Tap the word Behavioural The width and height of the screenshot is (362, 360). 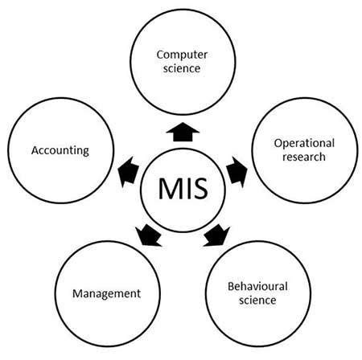coord(257,286)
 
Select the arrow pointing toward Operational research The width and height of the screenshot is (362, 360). coord(235,170)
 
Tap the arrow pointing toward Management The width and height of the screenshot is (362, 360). coord(147,235)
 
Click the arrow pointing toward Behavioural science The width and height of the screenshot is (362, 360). coord(214,235)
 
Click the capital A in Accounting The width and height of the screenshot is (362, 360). coord(35,149)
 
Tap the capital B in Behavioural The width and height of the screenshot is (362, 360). coord(232,286)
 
